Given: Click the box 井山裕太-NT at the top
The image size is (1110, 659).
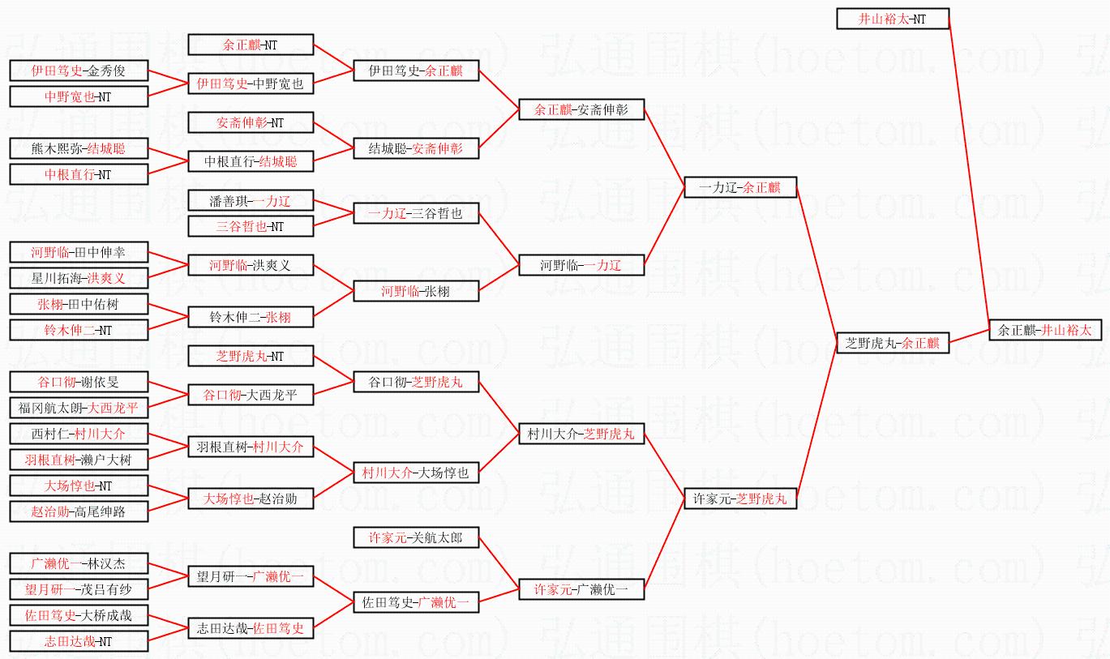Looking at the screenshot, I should coord(892,19).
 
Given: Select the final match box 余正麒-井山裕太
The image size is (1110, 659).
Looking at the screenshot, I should coord(1045,330).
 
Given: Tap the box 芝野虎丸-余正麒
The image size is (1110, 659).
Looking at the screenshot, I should coord(892,343).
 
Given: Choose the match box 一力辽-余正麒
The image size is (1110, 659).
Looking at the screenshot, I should coord(740,187).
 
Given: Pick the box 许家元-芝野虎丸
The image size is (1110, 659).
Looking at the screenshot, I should coord(740,499).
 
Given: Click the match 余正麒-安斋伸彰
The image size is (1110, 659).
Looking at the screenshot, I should coord(581,109).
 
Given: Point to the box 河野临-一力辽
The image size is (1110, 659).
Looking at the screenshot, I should coord(581,265).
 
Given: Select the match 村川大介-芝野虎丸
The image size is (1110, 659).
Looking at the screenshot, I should coord(581,434).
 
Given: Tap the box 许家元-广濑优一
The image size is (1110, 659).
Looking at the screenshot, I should coord(581,589).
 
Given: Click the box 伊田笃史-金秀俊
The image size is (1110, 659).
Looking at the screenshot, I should coord(79,71).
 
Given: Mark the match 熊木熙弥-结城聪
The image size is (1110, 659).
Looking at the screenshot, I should coord(79,148).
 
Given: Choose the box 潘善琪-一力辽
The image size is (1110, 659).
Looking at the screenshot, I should coord(251,200).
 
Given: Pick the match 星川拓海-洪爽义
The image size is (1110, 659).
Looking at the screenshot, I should coord(79,278).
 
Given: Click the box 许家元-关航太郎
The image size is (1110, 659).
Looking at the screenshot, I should coord(415,537).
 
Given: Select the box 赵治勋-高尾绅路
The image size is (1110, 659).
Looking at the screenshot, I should coord(79,511).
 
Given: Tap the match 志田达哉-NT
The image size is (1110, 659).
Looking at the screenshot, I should coord(79,641).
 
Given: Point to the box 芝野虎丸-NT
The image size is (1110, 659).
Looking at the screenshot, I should coord(251,356).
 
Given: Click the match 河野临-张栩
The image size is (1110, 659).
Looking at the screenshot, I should coord(415,291).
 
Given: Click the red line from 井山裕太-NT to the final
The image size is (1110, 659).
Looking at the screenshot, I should coord(969,174).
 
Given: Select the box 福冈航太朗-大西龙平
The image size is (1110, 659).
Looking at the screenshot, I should coord(79,408).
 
